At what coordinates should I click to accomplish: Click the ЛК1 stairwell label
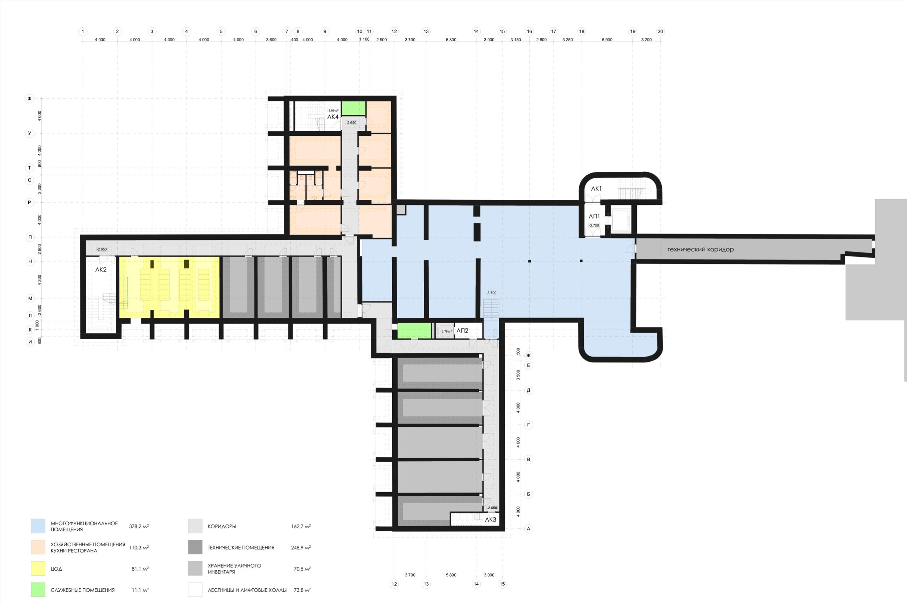(596, 189)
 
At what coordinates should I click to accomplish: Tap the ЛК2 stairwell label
(101, 269)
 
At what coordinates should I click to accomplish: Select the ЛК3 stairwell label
(490, 520)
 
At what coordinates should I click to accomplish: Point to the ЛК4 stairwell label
(333, 117)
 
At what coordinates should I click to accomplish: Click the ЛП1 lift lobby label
(594, 216)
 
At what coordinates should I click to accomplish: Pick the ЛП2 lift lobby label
(462, 331)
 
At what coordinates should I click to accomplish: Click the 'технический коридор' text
(700, 249)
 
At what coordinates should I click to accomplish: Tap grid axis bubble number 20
(660, 32)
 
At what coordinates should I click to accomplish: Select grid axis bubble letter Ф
(30, 99)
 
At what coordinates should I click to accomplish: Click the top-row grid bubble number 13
(426, 32)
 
